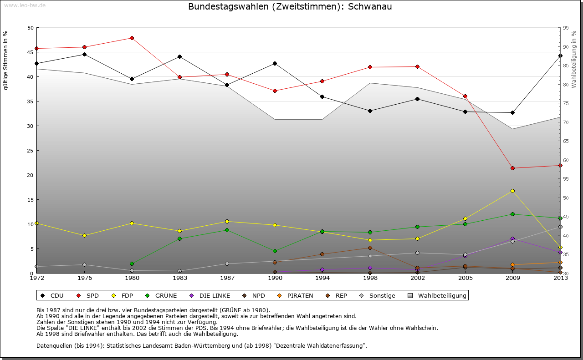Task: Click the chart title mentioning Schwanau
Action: click(290, 7)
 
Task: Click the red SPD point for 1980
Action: click(132, 38)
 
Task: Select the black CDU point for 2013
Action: click(560, 56)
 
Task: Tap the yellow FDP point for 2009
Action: click(512, 191)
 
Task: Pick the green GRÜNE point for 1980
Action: click(132, 264)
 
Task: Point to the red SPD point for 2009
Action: click(512, 168)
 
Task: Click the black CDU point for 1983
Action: click(179, 56)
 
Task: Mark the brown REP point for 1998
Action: click(370, 248)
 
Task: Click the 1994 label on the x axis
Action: click(322, 278)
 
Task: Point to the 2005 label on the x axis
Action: click(465, 278)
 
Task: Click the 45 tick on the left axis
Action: click(31, 52)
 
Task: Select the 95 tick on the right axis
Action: click(566, 28)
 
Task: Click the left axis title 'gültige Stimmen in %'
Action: click(5, 60)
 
